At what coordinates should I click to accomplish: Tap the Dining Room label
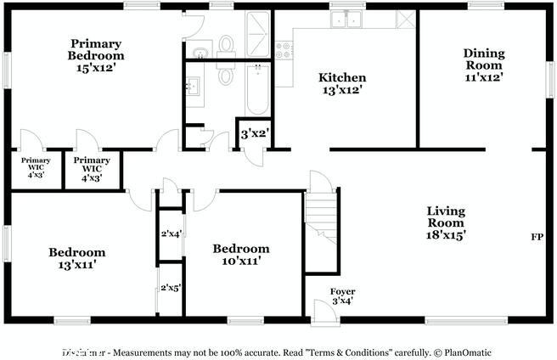pos(483,65)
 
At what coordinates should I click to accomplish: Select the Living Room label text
pos(446,222)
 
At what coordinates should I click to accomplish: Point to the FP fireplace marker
pos(537,236)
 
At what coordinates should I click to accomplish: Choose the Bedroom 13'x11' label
pos(76,258)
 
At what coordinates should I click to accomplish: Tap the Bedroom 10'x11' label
pos(240,255)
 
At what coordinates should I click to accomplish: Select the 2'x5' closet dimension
pos(172,288)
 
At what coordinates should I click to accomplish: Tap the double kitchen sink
pos(347,20)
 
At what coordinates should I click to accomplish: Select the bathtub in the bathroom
pos(255,88)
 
